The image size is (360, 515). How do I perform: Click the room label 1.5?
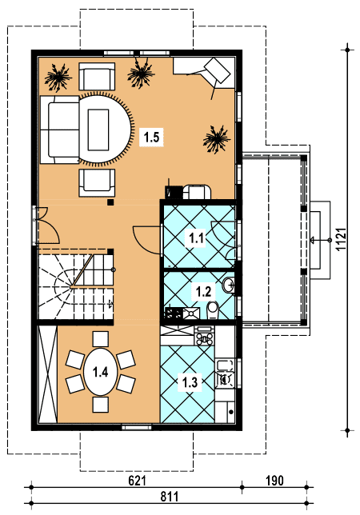pyautogui.click(x=151, y=137)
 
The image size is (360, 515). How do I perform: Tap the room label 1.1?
pyautogui.click(x=197, y=238)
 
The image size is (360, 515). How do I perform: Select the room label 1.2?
pyautogui.click(x=203, y=291)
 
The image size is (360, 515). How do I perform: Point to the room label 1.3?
pyautogui.click(x=190, y=382)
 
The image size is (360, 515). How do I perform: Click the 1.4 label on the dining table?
pyautogui.click(x=100, y=372)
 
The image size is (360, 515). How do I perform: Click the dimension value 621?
pyautogui.click(x=137, y=481)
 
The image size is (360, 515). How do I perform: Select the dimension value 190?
pyautogui.click(x=274, y=481)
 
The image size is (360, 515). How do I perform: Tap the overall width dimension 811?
pyautogui.click(x=170, y=497)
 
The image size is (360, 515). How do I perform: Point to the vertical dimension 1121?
pyautogui.click(x=342, y=239)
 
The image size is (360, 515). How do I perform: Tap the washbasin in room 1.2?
pyautogui.click(x=229, y=285)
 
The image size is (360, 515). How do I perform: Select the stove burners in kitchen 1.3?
pyautogui.click(x=204, y=336)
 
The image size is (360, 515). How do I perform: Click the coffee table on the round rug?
pyautogui.click(x=98, y=130)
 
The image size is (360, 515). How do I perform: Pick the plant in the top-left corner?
pyautogui.click(x=58, y=78)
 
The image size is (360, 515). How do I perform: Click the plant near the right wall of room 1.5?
pyautogui.click(x=216, y=139)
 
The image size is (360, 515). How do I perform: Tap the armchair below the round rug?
pyautogui.click(x=97, y=183)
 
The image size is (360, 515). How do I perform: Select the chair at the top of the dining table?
pyautogui.click(x=101, y=339)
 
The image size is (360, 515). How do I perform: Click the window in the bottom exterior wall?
pyautogui.click(x=137, y=427)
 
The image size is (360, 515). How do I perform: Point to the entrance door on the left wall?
pyautogui.click(x=46, y=226)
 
